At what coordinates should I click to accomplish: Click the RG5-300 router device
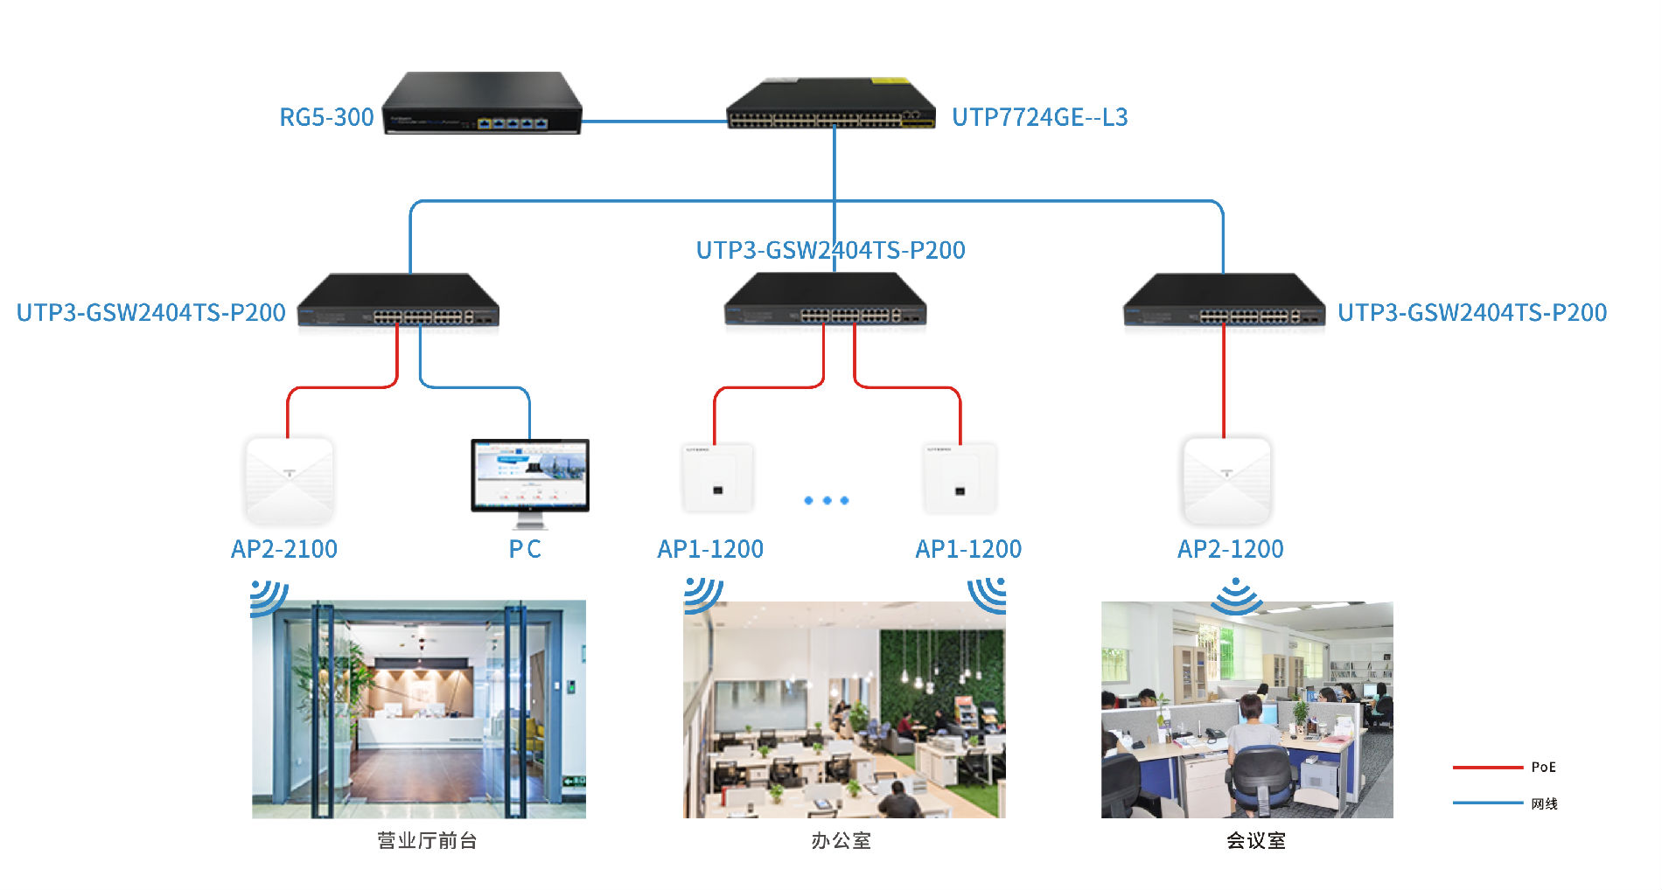pos(482,103)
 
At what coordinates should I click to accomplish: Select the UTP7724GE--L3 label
pos(1039,117)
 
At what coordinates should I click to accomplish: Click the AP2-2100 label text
pos(284,549)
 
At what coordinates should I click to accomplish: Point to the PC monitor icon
pos(530,477)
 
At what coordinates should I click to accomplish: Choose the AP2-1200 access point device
pos(1226,480)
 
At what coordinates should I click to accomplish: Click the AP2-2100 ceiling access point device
pos(290,480)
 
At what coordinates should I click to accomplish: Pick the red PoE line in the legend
pos(1487,768)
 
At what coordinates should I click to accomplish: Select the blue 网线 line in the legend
pos(1487,803)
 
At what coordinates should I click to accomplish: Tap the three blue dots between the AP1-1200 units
pos(827,501)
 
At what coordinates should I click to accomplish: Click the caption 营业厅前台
pos(427,841)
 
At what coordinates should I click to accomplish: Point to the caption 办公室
pos(841,841)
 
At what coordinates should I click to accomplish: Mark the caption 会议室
pos(1256,841)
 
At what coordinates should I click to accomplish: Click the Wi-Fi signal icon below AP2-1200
pos(1235,596)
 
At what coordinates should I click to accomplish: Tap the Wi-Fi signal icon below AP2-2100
pos(268,597)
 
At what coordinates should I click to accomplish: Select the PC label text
pos(525,549)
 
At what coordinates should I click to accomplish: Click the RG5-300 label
pos(326,117)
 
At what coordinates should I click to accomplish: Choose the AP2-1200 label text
pos(1231,549)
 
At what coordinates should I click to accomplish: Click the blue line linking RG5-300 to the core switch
pos(653,122)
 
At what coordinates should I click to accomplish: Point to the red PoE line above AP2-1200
pos(1224,385)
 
